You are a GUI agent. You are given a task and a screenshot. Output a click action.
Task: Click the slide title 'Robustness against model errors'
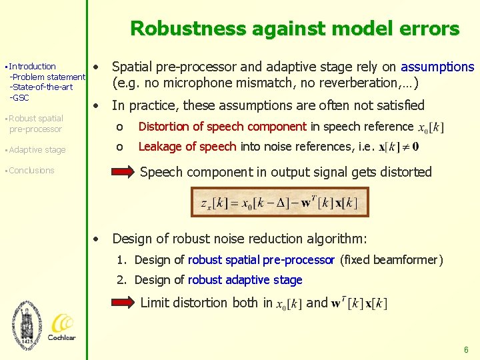coord(295,29)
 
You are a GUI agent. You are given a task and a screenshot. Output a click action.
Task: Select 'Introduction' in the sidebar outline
coord(33,67)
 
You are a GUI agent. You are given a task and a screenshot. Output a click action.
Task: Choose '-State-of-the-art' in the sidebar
coord(41,87)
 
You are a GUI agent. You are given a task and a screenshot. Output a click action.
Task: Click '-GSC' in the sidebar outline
coord(19,97)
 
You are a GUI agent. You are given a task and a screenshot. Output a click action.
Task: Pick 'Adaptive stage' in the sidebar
coord(37,150)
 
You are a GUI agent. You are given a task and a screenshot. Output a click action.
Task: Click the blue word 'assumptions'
coord(437,67)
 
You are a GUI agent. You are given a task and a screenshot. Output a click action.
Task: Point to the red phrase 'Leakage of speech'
coord(187,146)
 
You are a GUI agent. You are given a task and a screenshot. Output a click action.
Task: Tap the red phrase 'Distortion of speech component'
coord(222,127)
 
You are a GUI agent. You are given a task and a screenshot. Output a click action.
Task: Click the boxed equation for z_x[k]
coord(280,203)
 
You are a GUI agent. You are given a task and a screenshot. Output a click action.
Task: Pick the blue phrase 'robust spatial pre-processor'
coord(261,260)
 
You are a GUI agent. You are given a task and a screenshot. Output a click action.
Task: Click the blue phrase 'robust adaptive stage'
coord(245,280)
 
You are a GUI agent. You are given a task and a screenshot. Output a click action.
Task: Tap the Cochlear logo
coord(61,327)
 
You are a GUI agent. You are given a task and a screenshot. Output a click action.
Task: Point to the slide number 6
coord(466,349)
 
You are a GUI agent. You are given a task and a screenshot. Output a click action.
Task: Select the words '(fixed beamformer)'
coord(391,260)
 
